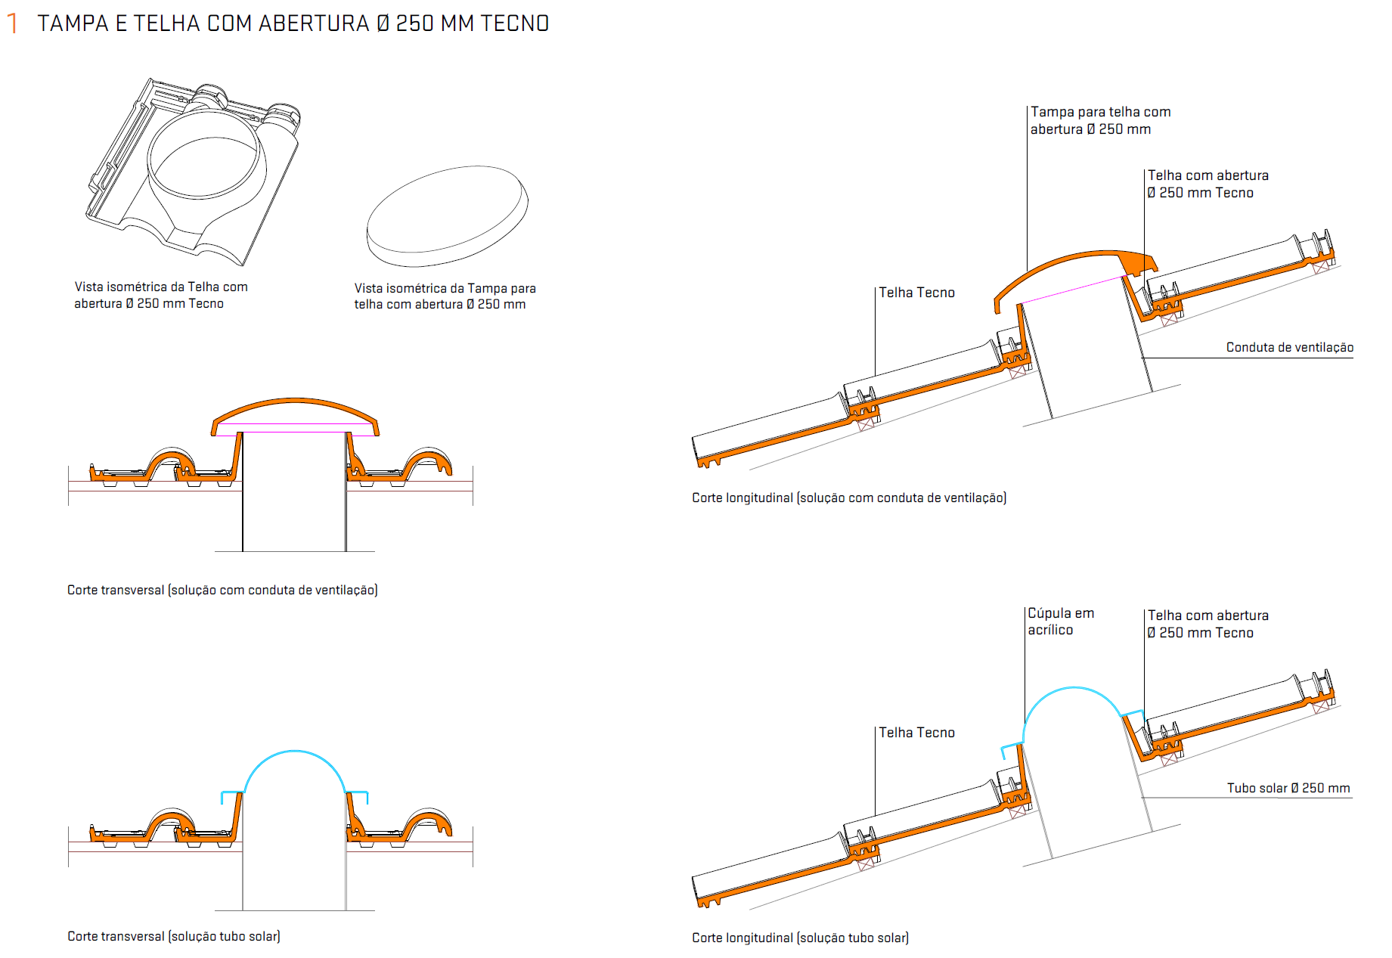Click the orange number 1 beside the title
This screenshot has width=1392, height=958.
(x=12, y=23)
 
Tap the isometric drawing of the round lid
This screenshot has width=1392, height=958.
(x=447, y=216)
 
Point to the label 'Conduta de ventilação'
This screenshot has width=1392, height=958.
(x=1289, y=347)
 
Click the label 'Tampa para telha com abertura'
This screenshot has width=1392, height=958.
(x=1100, y=120)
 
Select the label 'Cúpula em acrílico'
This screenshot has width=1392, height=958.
(x=1061, y=622)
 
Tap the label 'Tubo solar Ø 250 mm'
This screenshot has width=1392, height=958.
(x=1288, y=788)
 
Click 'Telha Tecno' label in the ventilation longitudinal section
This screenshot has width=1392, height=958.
(x=916, y=293)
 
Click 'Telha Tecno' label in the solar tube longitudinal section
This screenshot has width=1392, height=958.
(x=916, y=733)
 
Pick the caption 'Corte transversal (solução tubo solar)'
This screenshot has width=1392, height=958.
(x=174, y=936)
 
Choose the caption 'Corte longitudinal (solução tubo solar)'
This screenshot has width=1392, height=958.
(x=800, y=938)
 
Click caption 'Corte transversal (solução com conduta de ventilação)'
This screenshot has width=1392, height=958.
(x=222, y=590)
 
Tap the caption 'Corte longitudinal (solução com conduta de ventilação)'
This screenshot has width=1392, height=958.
(x=849, y=498)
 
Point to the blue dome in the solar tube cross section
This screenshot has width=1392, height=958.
(x=295, y=752)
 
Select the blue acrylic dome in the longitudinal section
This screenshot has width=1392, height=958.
(x=1074, y=688)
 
